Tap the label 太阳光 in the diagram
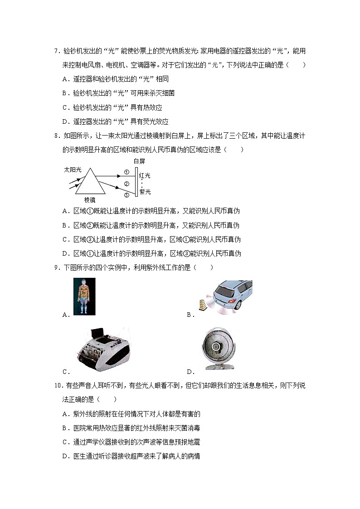pyautogui.click(x=73, y=170)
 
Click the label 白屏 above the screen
pyautogui.click(x=139, y=161)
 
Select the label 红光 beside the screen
pyautogui.click(x=145, y=175)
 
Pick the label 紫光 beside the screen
pyautogui.click(x=145, y=192)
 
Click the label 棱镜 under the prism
pyautogui.click(x=90, y=199)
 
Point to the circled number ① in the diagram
pyautogui.click(x=127, y=172)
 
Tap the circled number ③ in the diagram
pyautogui.click(x=127, y=195)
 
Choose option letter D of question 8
pyautogui.click(x=64, y=253)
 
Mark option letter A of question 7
pyautogui.click(x=64, y=79)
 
